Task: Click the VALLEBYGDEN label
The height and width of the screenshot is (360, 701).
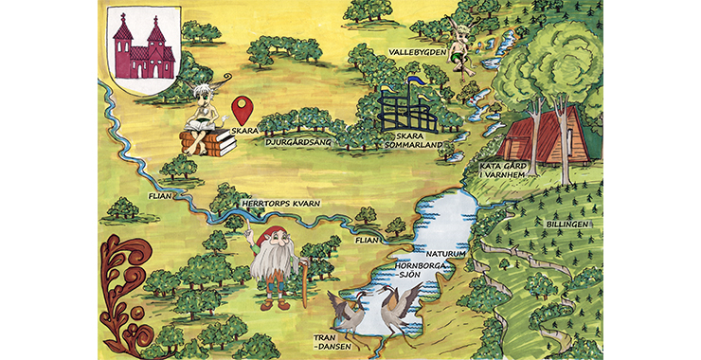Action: (417, 50)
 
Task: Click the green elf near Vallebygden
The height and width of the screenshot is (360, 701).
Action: (460, 47)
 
